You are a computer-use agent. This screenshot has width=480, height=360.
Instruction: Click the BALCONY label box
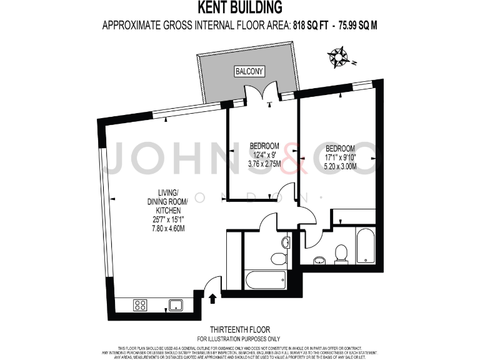(249, 71)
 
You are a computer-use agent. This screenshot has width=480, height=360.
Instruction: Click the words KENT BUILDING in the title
(240, 7)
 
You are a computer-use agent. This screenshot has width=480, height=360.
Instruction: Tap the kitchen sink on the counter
(174, 306)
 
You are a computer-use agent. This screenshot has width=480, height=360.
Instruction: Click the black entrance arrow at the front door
(213, 298)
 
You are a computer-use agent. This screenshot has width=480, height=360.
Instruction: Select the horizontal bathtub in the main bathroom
(266, 279)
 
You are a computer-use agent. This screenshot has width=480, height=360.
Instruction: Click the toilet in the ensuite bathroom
(341, 253)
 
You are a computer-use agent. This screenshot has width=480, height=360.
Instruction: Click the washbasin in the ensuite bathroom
(319, 261)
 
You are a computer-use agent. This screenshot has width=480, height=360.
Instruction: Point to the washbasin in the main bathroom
(286, 242)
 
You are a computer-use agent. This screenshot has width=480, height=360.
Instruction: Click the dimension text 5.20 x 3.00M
(341, 167)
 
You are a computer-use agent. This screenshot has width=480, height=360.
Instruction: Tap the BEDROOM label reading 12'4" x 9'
(264, 151)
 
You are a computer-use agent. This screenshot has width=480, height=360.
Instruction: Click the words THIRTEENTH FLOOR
(240, 329)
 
